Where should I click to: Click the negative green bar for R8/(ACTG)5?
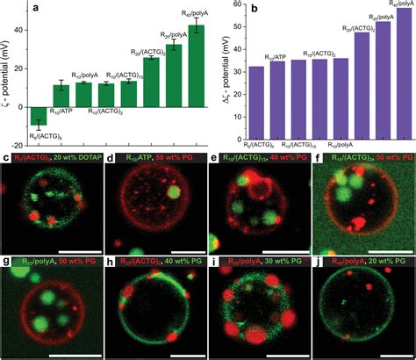pos(37,114)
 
